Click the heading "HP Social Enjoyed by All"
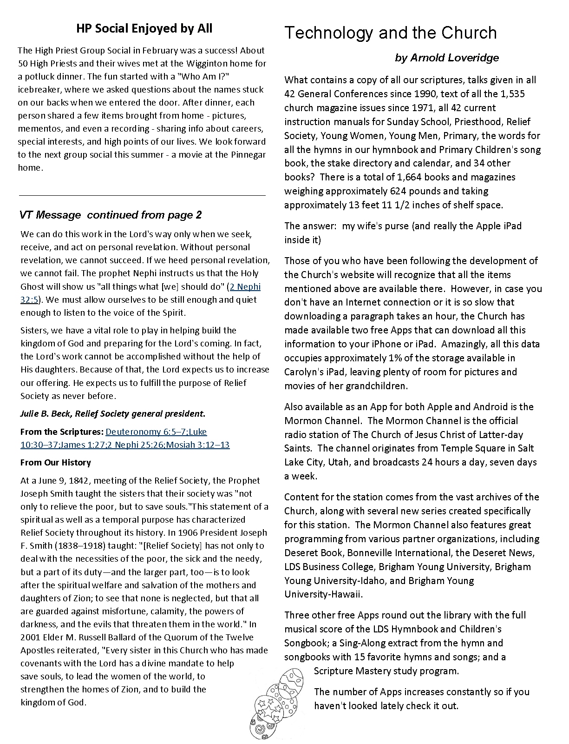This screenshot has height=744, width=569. click(144, 29)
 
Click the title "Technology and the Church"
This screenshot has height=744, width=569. click(390, 33)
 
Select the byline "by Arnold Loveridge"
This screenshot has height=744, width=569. click(447, 58)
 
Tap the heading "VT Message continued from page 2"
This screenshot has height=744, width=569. click(111, 215)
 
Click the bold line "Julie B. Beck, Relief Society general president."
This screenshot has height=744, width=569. click(113, 413)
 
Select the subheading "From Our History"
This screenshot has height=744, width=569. click(56, 462)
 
